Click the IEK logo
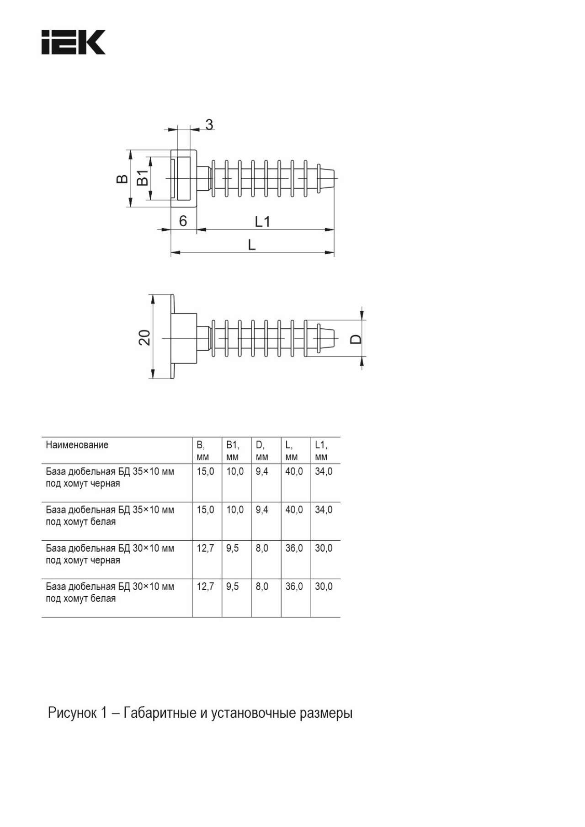[x=74, y=43]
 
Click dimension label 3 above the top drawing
[x=209, y=124]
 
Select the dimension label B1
[x=143, y=177]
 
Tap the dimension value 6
[x=183, y=221]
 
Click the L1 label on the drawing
[x=262, y=222]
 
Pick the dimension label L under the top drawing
[x=251, y=245]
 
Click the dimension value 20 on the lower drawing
[x=144, y=337]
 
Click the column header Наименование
[x=77, y=445]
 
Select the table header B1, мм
[x=233, y=450]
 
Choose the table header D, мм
[x=261, y=450]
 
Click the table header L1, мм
[x=321, y=450]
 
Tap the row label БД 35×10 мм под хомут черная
[x=110, y=477]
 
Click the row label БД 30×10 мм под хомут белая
[x=110, y=592]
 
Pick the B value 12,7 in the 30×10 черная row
[x=205, y=548]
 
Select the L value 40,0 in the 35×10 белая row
[x=294, y=510]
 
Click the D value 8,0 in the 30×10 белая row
[x=262, y=587]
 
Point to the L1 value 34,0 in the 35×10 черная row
[x=324, y=471]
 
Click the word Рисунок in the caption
[x=72, y=713]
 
